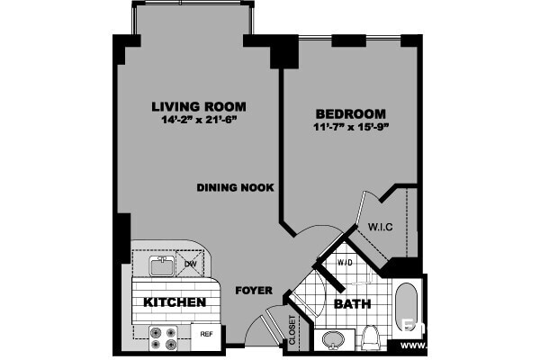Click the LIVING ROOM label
click(x=199, y=106)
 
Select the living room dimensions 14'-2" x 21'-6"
click(x=199, y=120)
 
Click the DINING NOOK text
click(x=236, y=187)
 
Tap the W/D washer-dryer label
click(x=344, y=263)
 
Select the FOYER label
click(x=253, y=291)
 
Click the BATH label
click(x=352, y=304)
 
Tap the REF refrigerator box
click(x=206, y=334)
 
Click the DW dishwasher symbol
click(x=190, y=264)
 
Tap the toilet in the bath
click(x=370, y=338)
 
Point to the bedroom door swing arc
click(x=310, y=236)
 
